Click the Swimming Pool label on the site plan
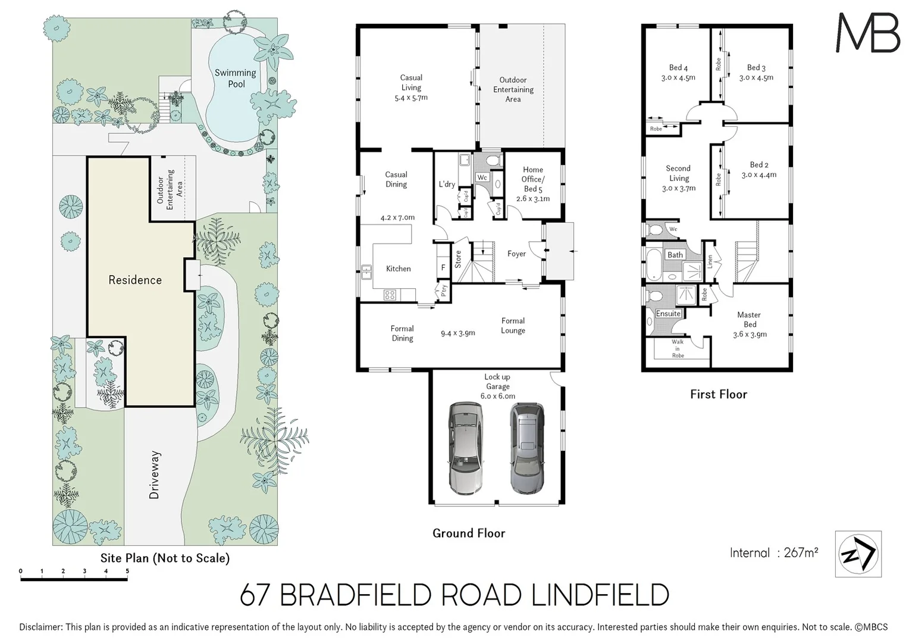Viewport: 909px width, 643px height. click(x=236, y=79)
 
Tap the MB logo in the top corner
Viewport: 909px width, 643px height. click(x=867, y=33)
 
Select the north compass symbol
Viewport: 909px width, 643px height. click(x=858, y=554)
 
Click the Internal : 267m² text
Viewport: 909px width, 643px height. click(x=773, y=553)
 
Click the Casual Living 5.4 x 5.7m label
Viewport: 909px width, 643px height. click(x=411, y=88)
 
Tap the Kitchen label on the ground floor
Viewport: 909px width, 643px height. click(x=398, y=269)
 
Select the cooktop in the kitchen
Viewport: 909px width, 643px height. click(x=390, y=294)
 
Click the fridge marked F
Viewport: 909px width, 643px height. click(x=443, y=267)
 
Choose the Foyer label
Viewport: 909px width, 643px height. click(x=516, y=254)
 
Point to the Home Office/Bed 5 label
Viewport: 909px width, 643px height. click(x=533, y=183)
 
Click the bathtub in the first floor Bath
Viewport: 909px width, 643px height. click(x=653, y=264)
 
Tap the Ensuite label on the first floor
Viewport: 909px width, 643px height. click(x=668, y=314)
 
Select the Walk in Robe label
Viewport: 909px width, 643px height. click(x=678, y=348)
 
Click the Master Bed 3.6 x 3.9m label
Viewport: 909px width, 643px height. click(x=750, y=324)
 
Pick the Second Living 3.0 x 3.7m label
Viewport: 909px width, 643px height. click(x=678, y=178)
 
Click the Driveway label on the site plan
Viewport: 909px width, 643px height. click(x=154, y=475)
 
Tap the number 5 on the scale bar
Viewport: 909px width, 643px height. click(x=127, y=571)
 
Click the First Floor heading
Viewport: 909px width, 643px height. click(x=718, y=394)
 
